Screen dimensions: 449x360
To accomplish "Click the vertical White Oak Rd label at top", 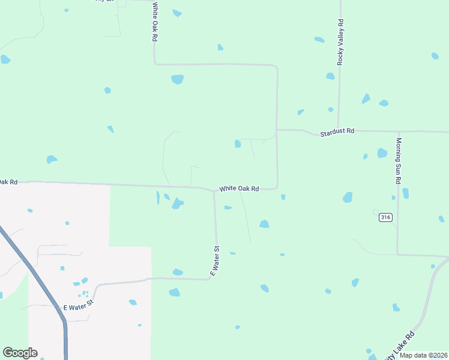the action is [x=154, y=22].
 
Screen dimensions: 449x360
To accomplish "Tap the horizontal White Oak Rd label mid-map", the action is [x=239, y=188].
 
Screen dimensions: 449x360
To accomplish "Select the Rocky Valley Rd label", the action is [x=340, y=42].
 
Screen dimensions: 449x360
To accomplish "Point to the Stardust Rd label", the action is [x=337, y=130].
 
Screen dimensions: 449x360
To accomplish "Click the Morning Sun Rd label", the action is [x=398, y=161].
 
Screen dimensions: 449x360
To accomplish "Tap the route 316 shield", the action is [x=385, y=218].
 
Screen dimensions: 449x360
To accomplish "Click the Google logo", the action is [x=20, y=353].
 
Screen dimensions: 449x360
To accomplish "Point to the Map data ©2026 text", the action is [x=423, y=355].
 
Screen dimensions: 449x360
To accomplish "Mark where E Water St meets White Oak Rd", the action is [x=214, y=192].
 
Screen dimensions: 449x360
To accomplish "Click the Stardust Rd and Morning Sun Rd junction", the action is [x=398, y=131].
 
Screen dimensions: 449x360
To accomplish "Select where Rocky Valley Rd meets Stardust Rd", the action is [x=339, y=130].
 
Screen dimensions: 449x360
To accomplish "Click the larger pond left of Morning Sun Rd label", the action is [x=382, y=153].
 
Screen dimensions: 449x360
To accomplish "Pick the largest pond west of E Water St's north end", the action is [x=177, y=204].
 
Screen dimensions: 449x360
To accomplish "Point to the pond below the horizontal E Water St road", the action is [x=174, y=292].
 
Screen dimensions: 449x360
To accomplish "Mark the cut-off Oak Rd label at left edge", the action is [x=9, y=181].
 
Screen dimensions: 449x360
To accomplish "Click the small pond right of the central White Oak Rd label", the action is [x=283, y=197].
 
